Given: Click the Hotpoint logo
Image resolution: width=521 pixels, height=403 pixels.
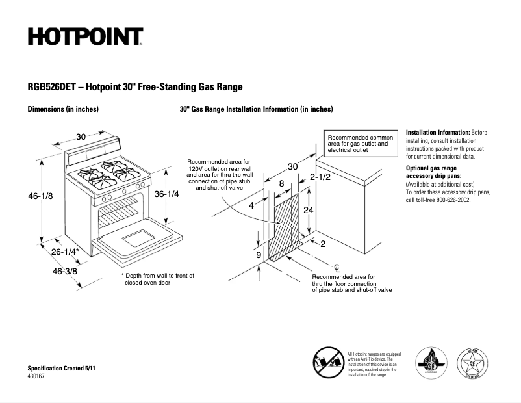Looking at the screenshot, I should pyautogui.click(x=85, y=37).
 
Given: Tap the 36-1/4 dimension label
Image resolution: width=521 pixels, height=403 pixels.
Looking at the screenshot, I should pyautogui.click(x=166, y=194).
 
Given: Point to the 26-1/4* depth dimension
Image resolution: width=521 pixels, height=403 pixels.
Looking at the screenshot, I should pyautogui.click(x=66, y=252).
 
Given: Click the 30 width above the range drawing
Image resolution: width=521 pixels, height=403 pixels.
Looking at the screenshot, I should pyautogui.click(x=81, y=136).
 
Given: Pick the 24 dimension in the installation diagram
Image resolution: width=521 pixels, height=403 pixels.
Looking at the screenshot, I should pyautogui.click(x=309, y=210).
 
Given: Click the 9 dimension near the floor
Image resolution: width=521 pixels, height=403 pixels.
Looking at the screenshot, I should pyautogui.click(x=258, y=255).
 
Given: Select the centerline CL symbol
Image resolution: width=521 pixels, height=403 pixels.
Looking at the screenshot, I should pyautogui.click(x=337, y=267).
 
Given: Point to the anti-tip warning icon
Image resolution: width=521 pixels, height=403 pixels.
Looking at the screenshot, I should pyautogui.click(x=329, y=362).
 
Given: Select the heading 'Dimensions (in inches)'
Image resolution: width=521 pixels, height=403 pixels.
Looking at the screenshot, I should pyautogui.click(x=63, y=109).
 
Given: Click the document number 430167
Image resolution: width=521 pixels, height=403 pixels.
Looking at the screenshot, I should pyautogui.click(x=37, y=376).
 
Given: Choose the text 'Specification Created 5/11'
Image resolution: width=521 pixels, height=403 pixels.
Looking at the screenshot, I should pyautogui.click(x=61, y=369).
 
